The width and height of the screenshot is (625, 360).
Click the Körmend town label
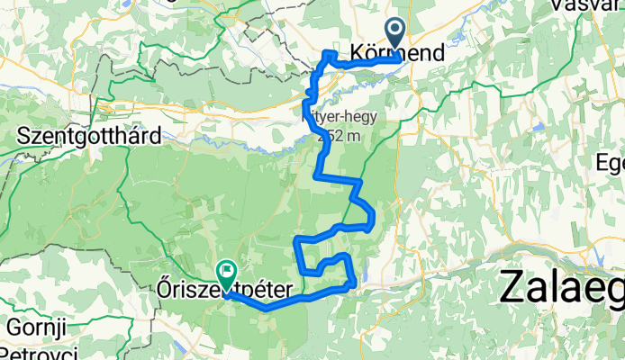[396, 54]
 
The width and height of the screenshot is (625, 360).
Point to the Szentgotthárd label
[88, 137]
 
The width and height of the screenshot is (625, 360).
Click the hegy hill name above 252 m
[342, 116]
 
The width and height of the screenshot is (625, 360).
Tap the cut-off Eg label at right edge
[611, 163]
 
